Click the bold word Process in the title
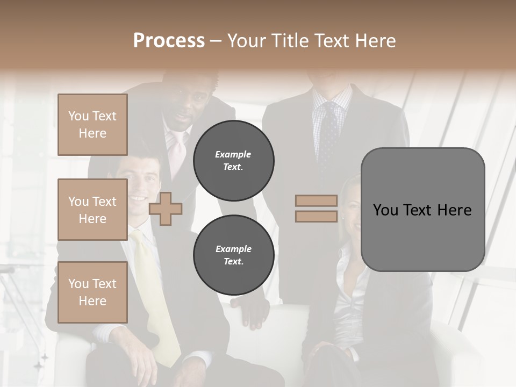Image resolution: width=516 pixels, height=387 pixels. pos(169,41)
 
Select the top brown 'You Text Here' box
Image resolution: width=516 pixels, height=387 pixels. pos(92,125)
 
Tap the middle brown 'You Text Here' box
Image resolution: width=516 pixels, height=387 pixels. pos(92,210)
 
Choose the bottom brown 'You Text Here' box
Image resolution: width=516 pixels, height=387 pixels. pos(92,292)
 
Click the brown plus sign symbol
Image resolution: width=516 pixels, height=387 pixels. pos(166,209)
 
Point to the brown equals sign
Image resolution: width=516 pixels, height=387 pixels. pos(316,209)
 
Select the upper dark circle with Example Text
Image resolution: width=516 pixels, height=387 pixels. pos(234,160)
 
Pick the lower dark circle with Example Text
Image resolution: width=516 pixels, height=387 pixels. pos(234,255)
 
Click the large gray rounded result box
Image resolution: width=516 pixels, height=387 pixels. pos(422,210)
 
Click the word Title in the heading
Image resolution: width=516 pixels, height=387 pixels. pos(291,41)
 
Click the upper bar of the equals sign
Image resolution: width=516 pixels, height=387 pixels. pos(316,200)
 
